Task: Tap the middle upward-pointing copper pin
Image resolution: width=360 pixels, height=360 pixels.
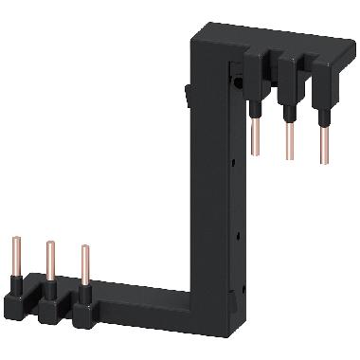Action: (x=50, y=261)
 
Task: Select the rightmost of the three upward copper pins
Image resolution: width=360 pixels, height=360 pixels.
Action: (x=85, y=266)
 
